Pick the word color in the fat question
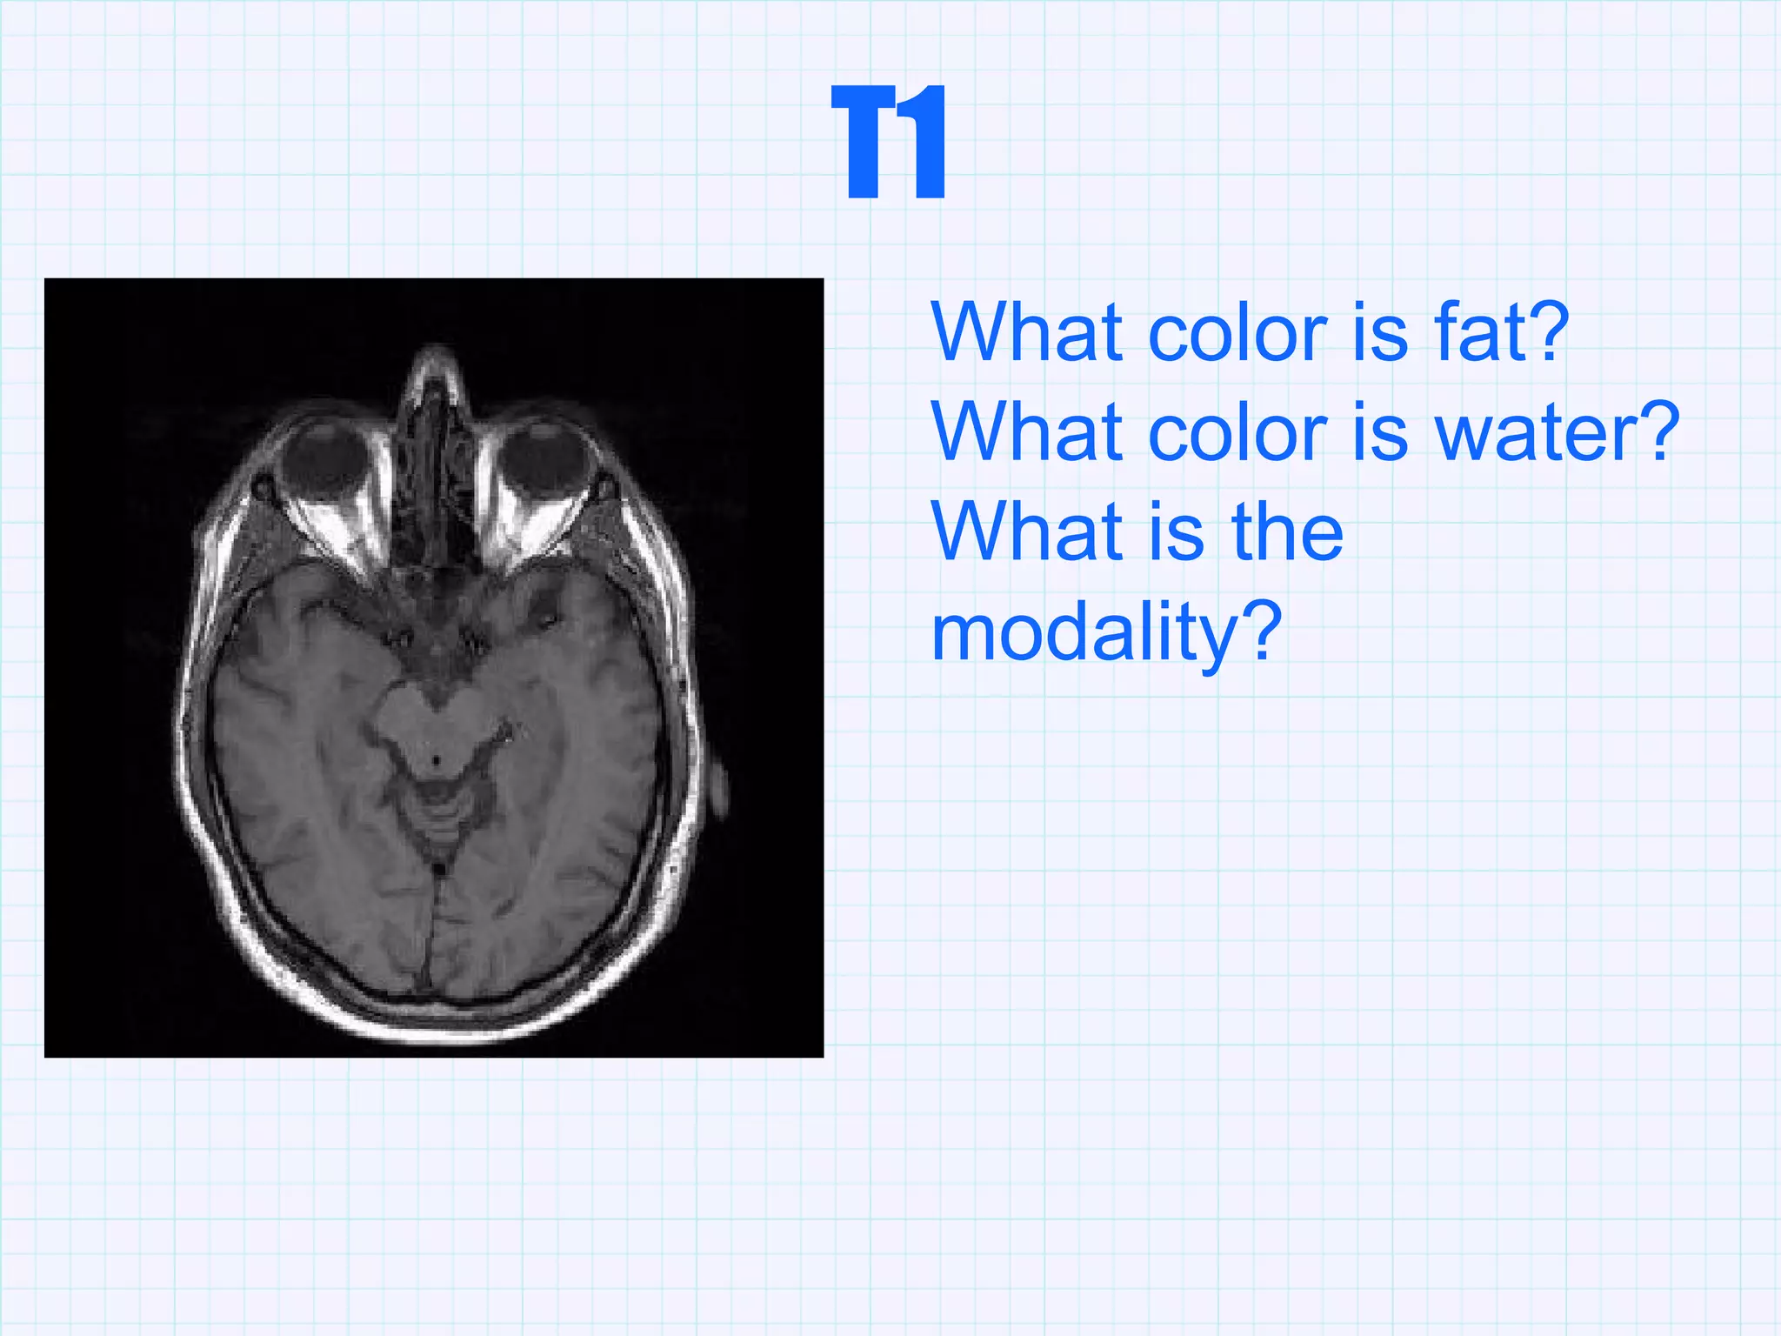(1237, 332)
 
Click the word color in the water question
(1237, 432)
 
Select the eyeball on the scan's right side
(545, 460)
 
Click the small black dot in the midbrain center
(436, 761)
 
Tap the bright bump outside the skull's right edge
(718, 787)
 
